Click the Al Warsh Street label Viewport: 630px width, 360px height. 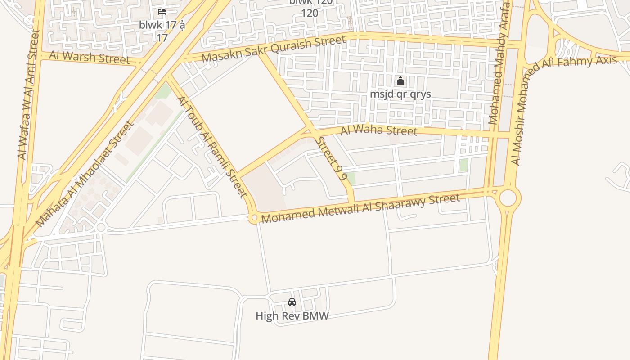89,58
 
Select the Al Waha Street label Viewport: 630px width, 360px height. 379,131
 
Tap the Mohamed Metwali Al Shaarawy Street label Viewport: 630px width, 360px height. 360,208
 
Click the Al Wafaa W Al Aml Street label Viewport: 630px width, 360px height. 29,94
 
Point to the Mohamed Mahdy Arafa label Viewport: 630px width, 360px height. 499,63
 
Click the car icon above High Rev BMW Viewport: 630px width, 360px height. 292,302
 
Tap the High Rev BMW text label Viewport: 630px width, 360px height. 292,316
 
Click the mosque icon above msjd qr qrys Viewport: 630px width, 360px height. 400,81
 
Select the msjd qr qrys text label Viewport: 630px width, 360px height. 400,94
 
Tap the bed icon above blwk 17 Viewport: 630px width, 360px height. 162,12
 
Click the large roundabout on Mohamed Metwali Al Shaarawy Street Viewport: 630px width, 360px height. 508,198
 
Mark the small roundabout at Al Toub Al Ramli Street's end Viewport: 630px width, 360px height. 254,218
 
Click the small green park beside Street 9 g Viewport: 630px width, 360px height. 351,178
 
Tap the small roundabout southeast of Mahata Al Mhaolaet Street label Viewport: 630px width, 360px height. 101,227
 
